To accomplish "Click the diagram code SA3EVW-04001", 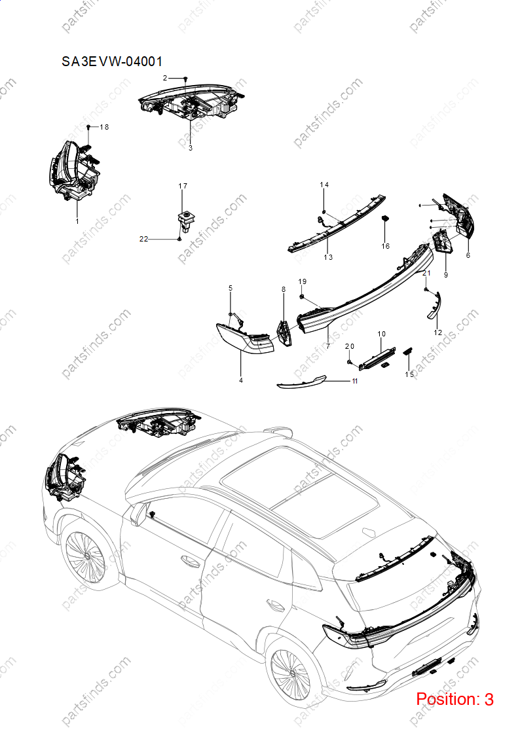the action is (x=112, y=62).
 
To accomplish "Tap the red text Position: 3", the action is (x=455, y=700).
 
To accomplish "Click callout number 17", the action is (x=183, y=186).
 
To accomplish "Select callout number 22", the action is (x=143, y=239).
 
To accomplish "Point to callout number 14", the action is (x=324, y=185).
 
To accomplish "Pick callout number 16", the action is (x=386, y=246).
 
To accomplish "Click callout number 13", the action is (x=328, y=257).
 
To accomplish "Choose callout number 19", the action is (x=303, y=281).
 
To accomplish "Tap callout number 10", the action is (x=382, y=334).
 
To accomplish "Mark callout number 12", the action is (x=438, y=332).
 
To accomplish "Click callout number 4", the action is (x=241, y=380).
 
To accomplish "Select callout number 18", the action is (x=104, y=127).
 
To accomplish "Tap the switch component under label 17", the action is (x=185, y=219).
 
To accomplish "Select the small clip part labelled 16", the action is (x=386, y=218).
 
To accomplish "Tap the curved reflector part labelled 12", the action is (x=434, y=306).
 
